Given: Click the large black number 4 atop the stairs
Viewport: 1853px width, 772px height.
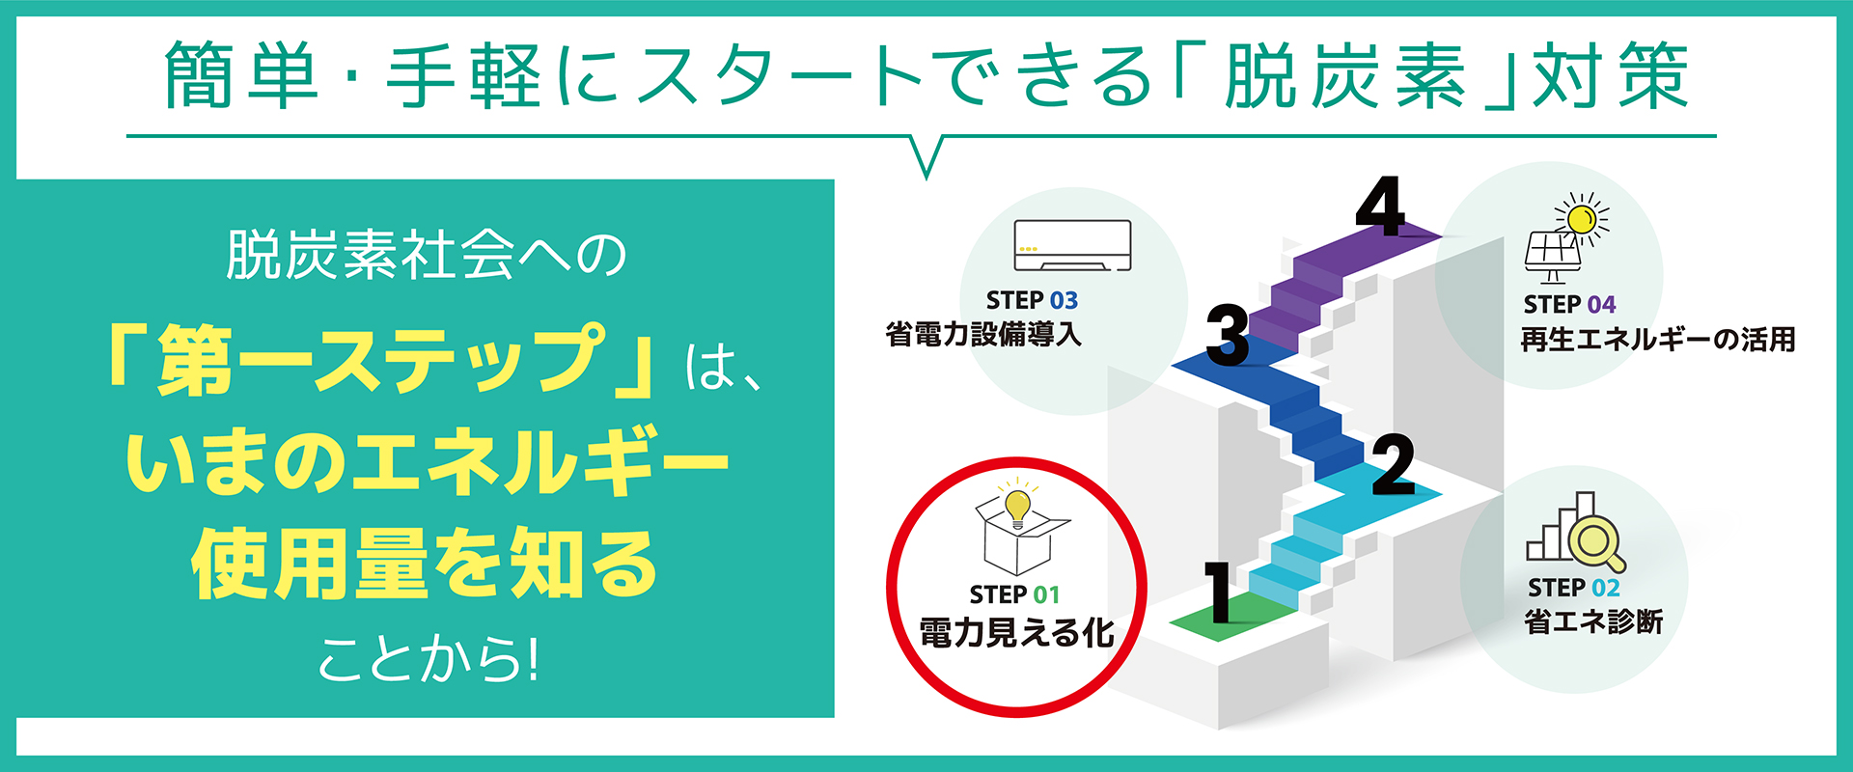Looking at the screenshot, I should [x=1380, y=207].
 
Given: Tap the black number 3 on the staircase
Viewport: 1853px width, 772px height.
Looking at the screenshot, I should [x=1228, y=335].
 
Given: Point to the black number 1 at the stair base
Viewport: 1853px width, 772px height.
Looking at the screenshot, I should [x=1219, y=592].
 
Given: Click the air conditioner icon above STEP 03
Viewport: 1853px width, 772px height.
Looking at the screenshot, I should [x=1072, y=246].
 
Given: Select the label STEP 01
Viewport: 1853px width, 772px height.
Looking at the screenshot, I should [x=1014, y=594].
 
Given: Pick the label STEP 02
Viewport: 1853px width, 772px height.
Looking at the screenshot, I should [x=1573, y=588].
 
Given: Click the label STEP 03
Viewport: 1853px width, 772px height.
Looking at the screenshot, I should [x=1032, y=300].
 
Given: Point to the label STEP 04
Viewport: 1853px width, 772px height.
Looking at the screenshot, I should [x=1569, y=305].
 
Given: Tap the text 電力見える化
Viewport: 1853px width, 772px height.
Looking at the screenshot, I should [x=1016, y=633].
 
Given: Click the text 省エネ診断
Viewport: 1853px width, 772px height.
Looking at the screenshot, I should [x=1593, y=622].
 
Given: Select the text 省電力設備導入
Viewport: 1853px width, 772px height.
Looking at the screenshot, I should [x=983, y=335].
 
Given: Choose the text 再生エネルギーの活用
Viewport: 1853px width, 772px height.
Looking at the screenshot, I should [x=1657, y=340].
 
